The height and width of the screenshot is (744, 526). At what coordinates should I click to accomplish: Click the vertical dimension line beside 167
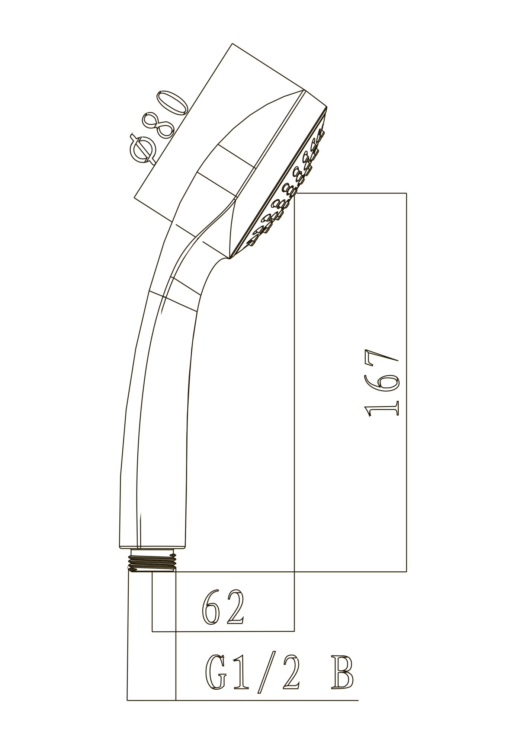click(406, 372)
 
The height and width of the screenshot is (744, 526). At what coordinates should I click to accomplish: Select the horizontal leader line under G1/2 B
click(260, 700)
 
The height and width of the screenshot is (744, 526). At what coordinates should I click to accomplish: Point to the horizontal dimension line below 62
click(223, 631)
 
